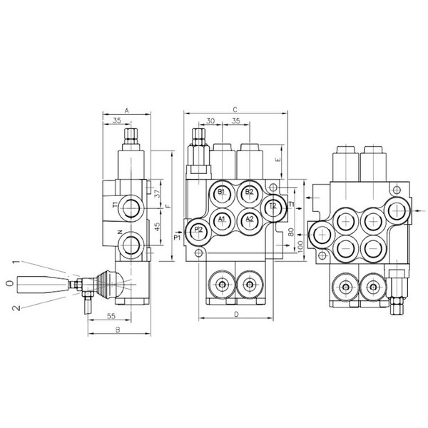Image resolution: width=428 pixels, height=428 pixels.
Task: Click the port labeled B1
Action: (222, 194)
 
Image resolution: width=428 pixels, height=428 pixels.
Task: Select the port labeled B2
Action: (249, 194)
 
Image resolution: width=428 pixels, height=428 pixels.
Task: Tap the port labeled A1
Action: (222, 221)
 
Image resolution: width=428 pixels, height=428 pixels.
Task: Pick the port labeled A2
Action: (249, 221)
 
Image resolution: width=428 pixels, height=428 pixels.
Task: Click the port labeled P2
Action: (199, 231)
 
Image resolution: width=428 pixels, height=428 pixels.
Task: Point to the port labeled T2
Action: (273, 208)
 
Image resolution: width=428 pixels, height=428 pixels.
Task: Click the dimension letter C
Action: (235, 110)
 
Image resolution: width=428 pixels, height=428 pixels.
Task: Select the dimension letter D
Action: (236, 315)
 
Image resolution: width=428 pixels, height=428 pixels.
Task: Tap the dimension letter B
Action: (118, 330)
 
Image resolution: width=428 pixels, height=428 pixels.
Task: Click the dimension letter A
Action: (126, 111)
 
